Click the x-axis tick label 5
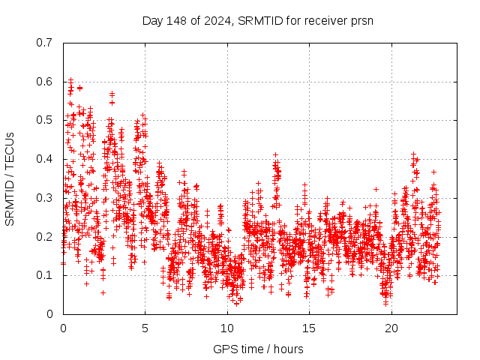tap(145, 328)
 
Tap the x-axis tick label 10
tap(227, 328)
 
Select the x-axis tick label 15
tap(309, 328)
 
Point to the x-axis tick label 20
tap(391, 328)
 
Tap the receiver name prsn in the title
tap(360, 20)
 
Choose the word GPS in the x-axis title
tap(224, 349)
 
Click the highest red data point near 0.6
tap(70, 79)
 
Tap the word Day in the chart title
tap(152, 20)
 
